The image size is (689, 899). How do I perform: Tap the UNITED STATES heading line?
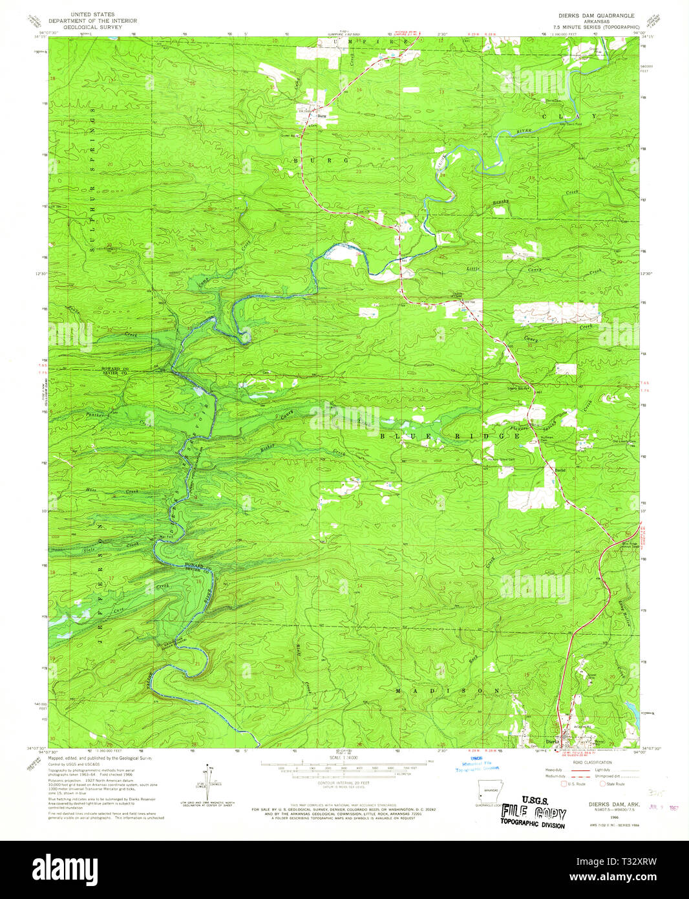92,14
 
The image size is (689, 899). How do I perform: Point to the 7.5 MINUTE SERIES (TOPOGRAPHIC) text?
591,27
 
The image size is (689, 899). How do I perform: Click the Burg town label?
321,116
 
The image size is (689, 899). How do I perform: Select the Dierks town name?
551,742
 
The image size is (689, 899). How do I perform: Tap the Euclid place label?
560,470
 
